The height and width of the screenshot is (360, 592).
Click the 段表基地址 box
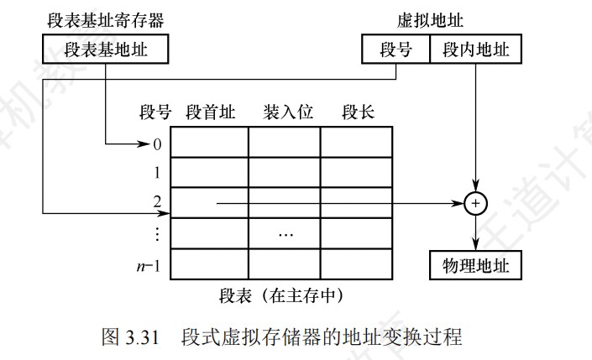104,50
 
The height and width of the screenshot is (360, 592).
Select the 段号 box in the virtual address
396,50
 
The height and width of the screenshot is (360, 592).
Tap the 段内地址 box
474,50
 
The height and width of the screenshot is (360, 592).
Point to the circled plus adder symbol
475,202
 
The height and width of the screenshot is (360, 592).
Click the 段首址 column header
211,112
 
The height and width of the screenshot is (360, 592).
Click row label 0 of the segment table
157,143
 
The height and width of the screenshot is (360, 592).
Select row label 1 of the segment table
157,173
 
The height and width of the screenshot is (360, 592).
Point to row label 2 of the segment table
157,202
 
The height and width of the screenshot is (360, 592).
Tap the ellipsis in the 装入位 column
285,232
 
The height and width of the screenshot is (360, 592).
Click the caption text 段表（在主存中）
280,295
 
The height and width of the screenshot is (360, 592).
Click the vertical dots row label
157,232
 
